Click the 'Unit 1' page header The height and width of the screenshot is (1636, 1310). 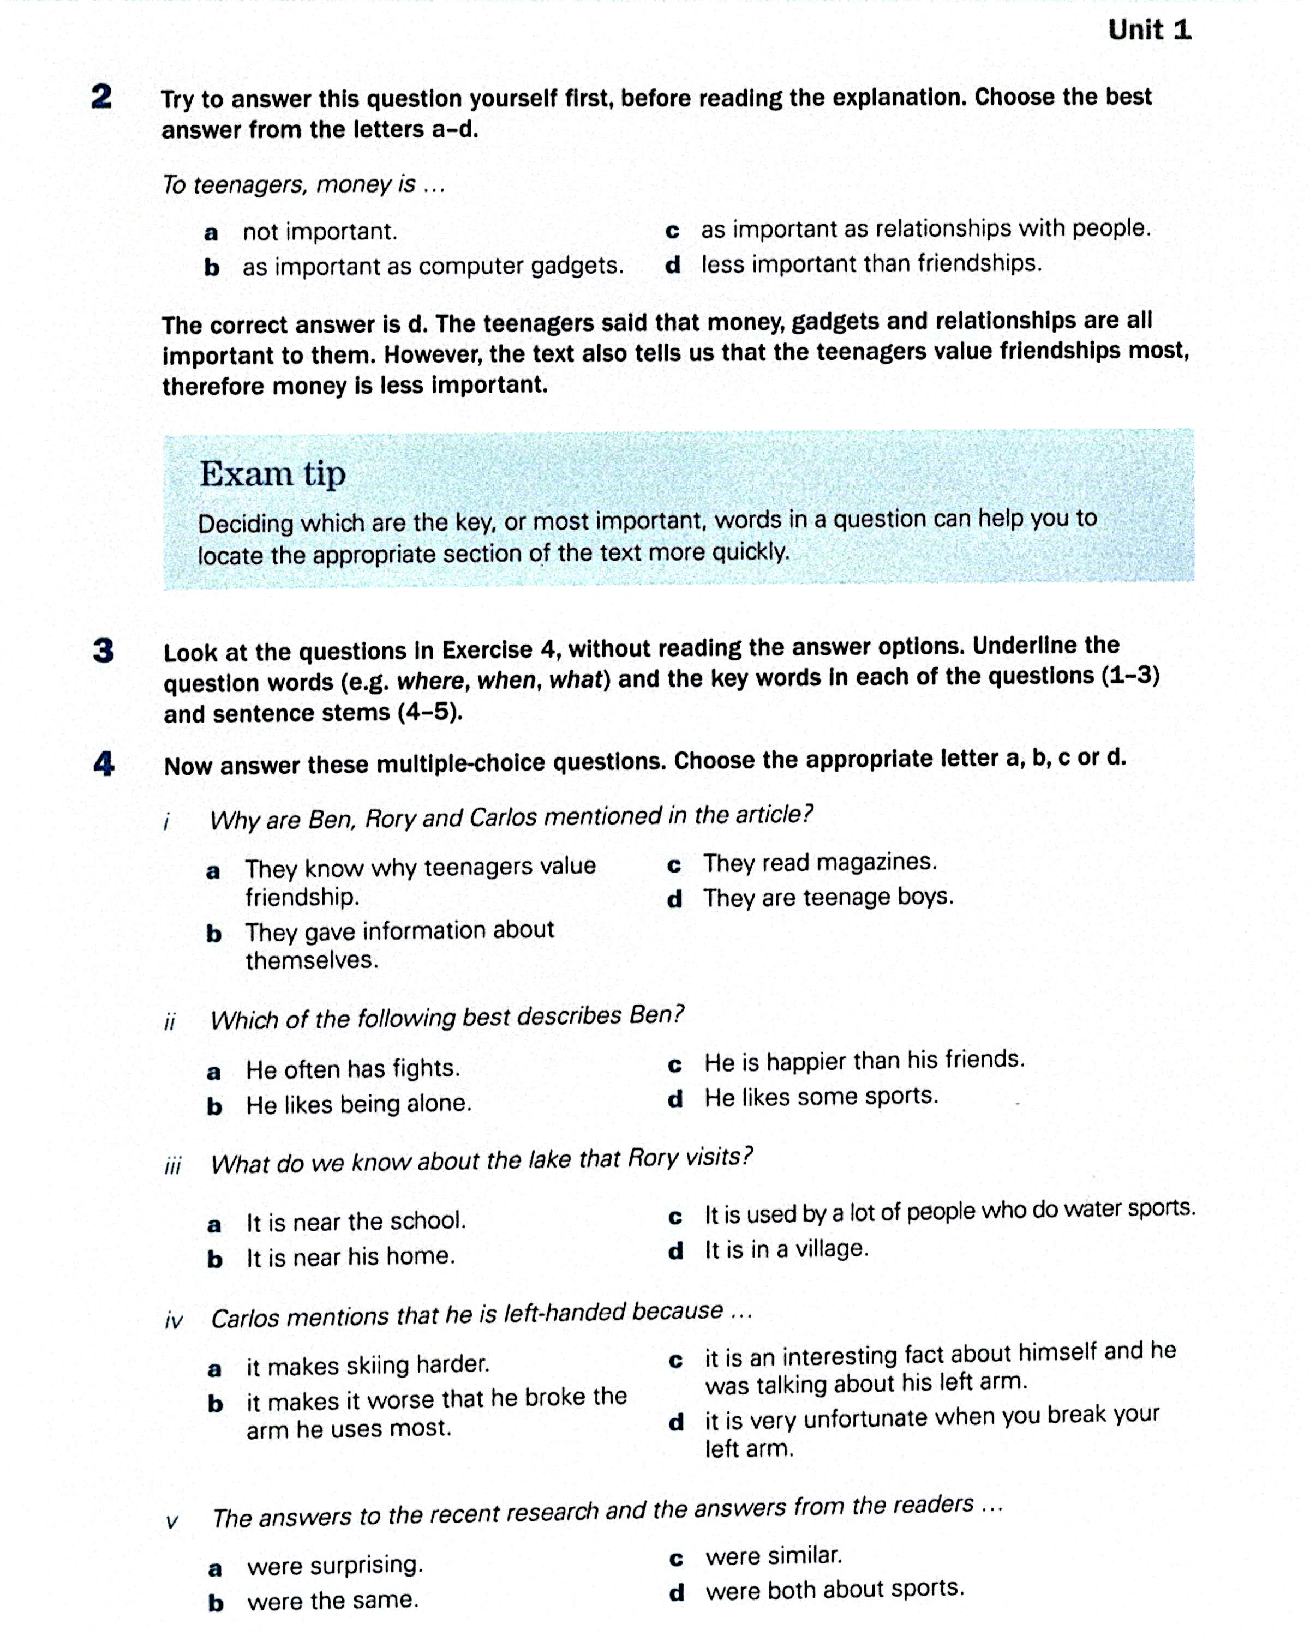coord(1149,31)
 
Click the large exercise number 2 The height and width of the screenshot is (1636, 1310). coord(101,97)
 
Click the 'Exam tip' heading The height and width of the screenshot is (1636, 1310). coord(272,474)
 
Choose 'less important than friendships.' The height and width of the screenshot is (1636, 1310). coord(871,264)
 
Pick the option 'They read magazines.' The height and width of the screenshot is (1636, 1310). coord(820,863)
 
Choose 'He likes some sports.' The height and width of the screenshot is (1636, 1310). coord(821,1097)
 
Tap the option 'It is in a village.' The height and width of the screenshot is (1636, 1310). coord(786,1249)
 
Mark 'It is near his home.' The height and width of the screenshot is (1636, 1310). coord(350,1258)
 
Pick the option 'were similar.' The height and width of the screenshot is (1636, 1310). coord(774,1556)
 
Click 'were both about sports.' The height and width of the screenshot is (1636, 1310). coord(835,1589)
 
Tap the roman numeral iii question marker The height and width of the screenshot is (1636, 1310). coord(173,1165)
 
